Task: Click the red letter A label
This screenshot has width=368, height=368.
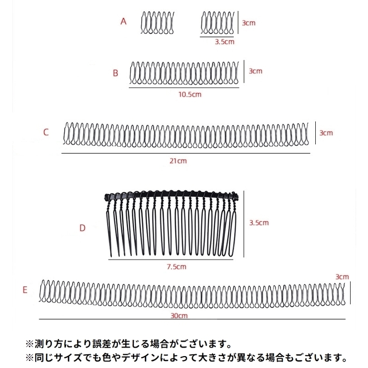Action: (124, 21)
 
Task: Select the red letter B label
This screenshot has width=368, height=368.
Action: (115, 73)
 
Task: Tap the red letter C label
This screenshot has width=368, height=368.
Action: (45, 132)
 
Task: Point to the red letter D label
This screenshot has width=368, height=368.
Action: (83, 228)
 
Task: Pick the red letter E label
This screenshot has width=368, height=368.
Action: (25, 289)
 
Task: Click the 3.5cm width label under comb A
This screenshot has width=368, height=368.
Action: (224, 42)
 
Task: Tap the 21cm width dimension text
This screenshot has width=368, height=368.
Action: (179, 161)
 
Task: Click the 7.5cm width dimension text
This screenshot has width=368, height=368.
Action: (177, 267)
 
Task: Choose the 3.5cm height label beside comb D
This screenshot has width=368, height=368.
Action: (259, 223)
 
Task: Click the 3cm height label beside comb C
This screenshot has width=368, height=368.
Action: (326, 133)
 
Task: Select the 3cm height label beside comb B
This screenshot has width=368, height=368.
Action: (255, 71)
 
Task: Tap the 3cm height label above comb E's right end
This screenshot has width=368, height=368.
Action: (342, 276)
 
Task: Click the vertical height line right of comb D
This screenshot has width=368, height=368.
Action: (243, 224)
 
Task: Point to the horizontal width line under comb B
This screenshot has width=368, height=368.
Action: (186, 87)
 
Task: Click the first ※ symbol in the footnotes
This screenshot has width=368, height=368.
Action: (29, 343)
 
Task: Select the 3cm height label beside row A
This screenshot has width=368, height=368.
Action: (248, 23)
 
